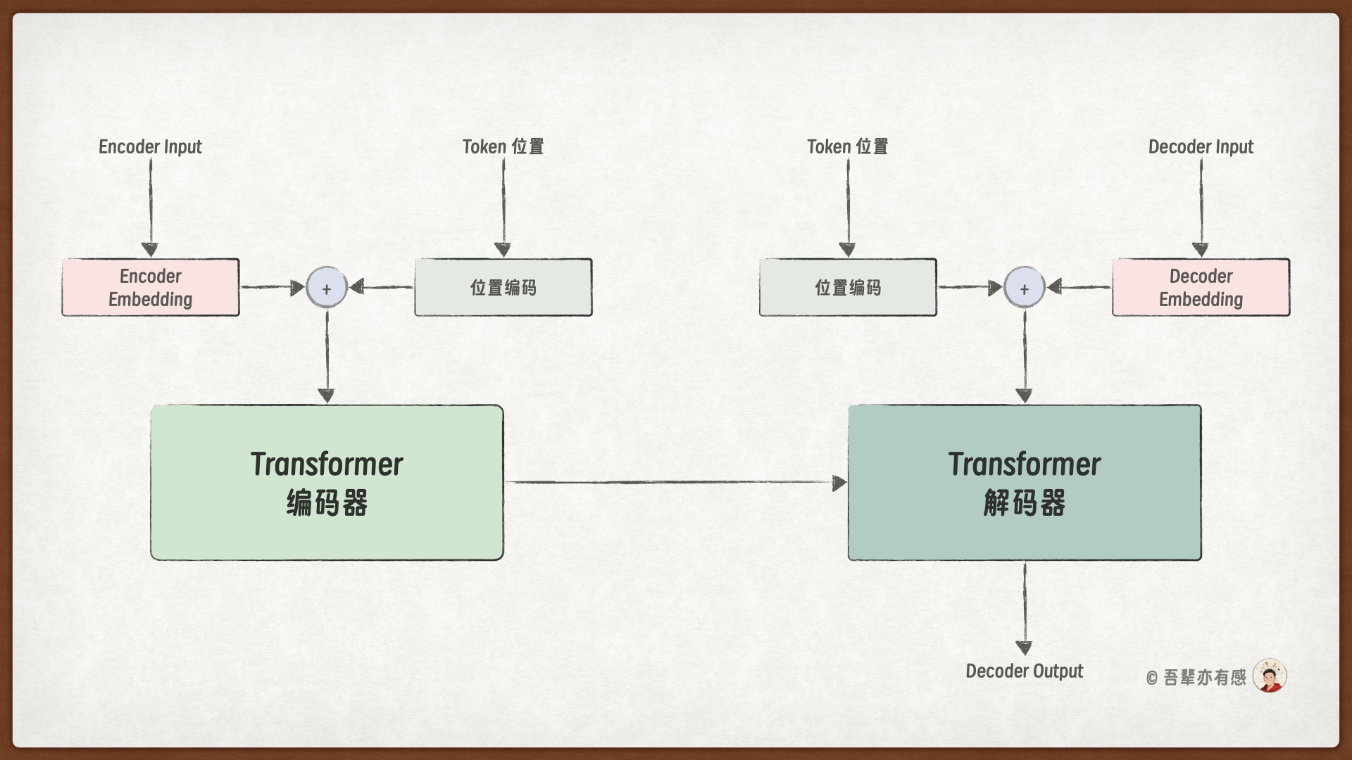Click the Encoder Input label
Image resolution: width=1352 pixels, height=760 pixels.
coord(150,146)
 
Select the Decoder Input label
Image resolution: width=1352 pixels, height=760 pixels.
coord(1201,146)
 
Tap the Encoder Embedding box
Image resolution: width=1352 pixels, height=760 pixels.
coord(151,287)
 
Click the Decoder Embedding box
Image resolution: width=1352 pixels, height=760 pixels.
coord(1201,287)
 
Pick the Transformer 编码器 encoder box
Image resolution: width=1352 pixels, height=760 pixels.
coord(327,483)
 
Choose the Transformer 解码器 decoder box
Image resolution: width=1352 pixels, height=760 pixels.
coord(1025,483)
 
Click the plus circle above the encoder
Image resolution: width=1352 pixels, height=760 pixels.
coord(327,288)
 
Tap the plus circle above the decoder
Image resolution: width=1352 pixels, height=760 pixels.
coord(1024,288)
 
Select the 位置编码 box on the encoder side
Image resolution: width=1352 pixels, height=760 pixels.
coord(503,287)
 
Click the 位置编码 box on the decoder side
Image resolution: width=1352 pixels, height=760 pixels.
coord(848,287)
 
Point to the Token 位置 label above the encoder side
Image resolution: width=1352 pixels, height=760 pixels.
coord(503,146)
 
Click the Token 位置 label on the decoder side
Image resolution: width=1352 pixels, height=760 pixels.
coord(847,146)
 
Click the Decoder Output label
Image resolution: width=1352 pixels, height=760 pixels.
coord(1024,671)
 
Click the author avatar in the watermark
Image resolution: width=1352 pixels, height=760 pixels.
coord(1270,676)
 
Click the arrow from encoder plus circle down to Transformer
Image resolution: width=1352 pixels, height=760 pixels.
coord(327,355)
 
